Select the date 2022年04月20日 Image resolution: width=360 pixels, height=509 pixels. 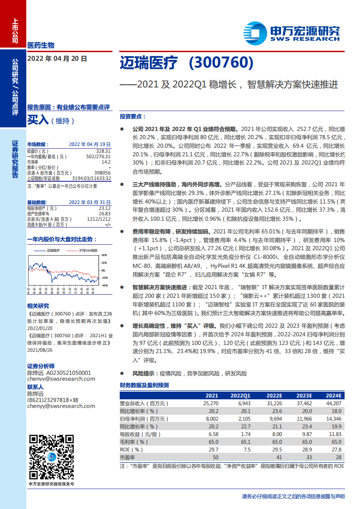pos(57,58)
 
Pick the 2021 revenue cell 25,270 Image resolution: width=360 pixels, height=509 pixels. pos(212,403)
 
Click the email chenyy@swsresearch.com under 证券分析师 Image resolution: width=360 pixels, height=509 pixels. pos(61,379)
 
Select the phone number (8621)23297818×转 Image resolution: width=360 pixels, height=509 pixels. pos(53,400)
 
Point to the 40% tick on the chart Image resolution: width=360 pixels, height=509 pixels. pos(104,255)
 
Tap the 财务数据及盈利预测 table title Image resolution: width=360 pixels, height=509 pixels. pos(144,385)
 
